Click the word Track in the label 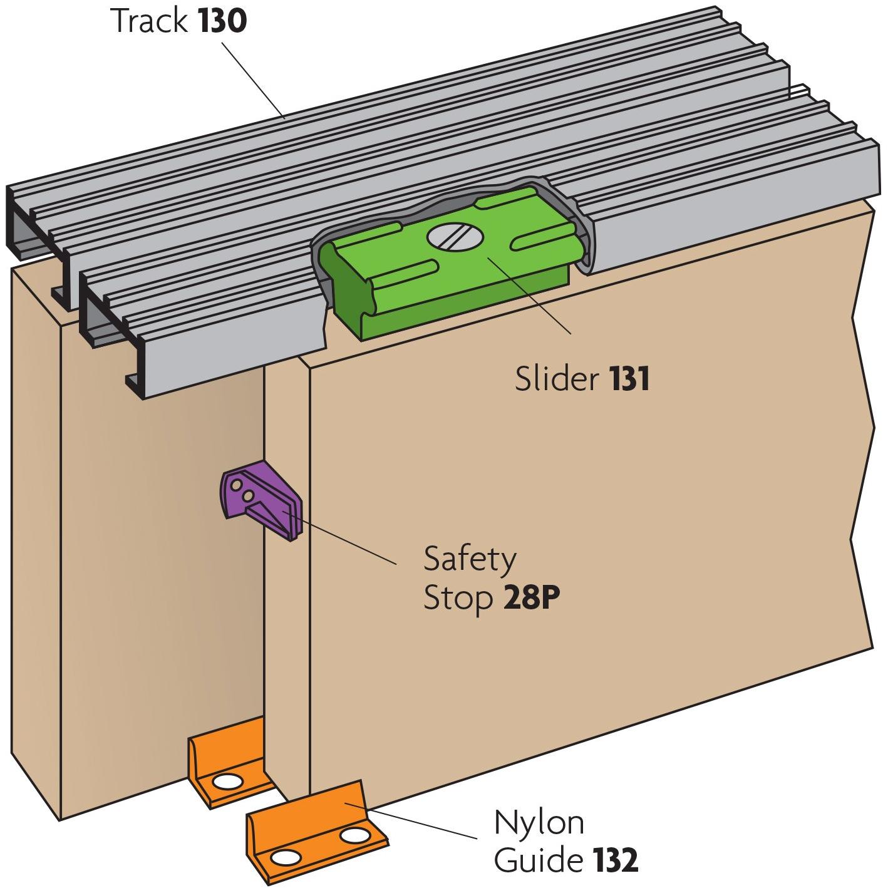pyautogui.click(x=150, y=21)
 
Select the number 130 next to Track pyautogui.click(x=222, y=21)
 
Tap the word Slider pyautogui.click(x=557, y=378)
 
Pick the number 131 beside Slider pyautogui.click(x=629, y=379)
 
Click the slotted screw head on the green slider pyautogui.click(x=455, y=236)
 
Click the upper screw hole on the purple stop pyautogui.click(x=236, y=485)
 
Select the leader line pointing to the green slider pyautogui.click(x=529, y=296)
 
